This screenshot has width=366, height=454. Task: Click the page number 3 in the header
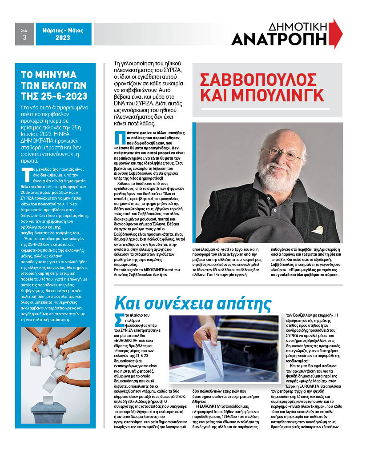24,38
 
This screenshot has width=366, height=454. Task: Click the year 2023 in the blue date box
63,38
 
